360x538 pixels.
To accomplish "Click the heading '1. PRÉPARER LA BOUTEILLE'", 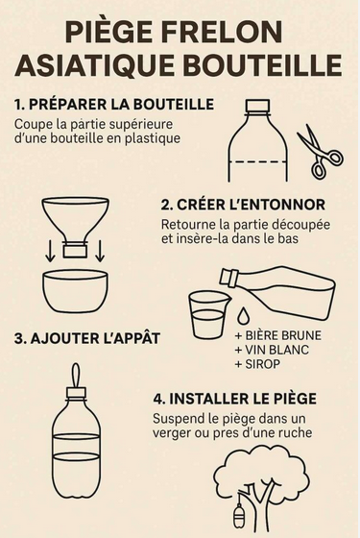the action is (x=114, y=105).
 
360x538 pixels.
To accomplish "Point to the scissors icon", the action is (x=320, y=151).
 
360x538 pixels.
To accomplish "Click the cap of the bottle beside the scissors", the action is (x=258, y=107).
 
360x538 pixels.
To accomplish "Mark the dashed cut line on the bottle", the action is (x=258, y=161).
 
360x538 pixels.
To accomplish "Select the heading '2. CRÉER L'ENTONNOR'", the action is (x=243, y=205).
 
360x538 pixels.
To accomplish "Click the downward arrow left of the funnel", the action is (x=51, y=251).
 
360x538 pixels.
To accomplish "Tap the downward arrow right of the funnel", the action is (x=100, y=251).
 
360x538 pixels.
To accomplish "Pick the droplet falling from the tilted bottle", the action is (x=243, y=315).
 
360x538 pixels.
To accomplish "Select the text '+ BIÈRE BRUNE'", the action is (x=278, y=335).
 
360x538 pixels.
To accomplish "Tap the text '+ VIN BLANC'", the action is (x=272, y=350).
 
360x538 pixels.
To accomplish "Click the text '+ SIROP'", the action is (x=257, y=364).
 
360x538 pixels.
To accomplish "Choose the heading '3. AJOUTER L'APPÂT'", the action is (x=87, y=338).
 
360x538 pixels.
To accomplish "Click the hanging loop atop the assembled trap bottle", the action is (x=77, y=375).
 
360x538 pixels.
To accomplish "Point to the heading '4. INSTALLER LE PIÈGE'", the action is (x=235, y=399).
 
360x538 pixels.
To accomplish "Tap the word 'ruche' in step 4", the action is (x=296, y=432).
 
